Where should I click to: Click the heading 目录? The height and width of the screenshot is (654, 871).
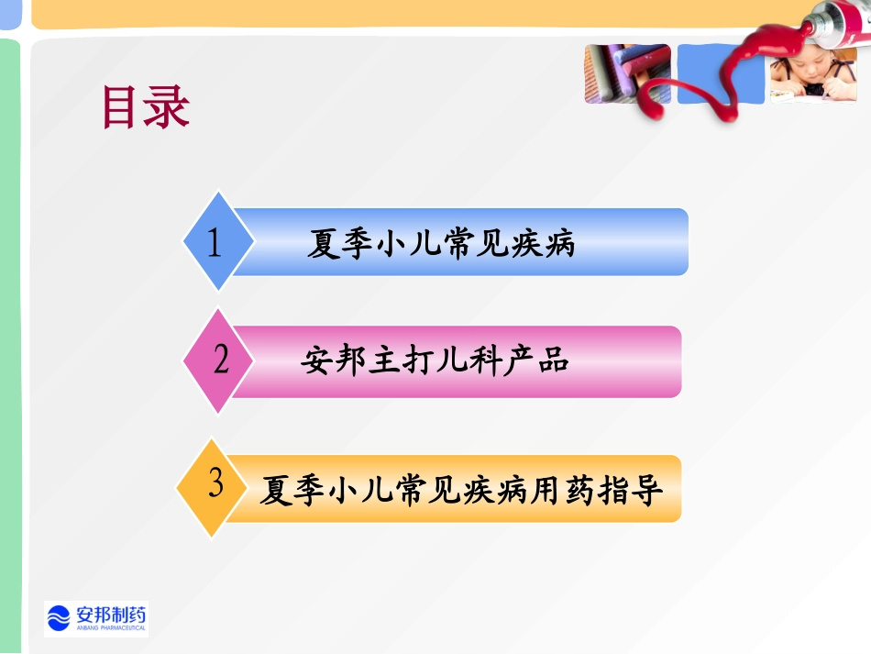coord(145,108)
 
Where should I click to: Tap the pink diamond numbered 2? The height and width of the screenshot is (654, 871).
coord(221,360)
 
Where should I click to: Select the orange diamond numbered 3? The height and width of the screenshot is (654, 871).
coord(215,484)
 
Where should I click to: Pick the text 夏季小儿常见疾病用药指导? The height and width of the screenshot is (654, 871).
coord(460,490)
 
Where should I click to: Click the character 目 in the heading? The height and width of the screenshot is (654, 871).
coord(122,108)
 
